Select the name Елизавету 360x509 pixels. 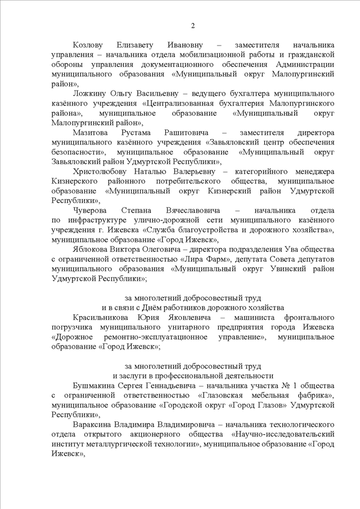(x=142, y=44)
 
